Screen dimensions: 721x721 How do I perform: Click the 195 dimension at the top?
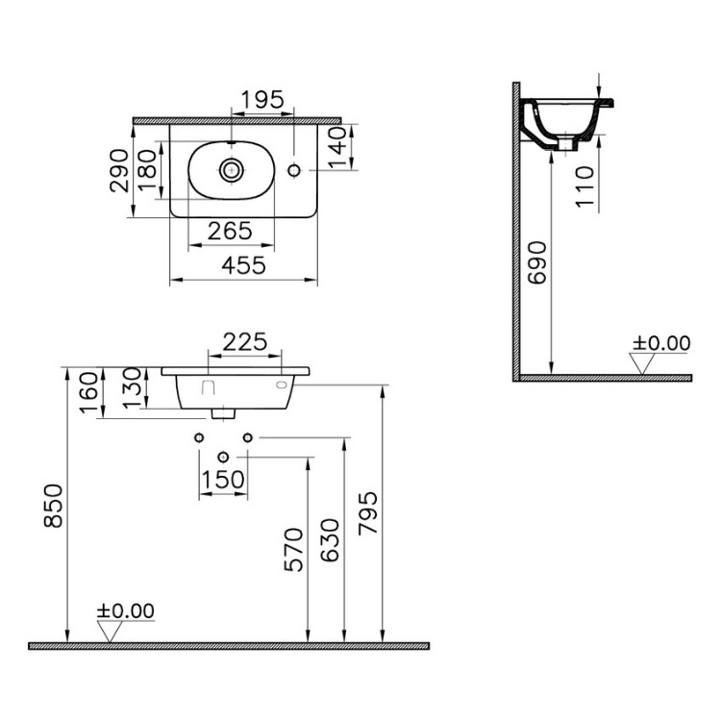[261, 99]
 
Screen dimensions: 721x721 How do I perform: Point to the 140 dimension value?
[336, 149]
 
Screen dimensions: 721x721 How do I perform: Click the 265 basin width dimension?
[231, 231]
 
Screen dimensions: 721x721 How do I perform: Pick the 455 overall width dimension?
[244, 266]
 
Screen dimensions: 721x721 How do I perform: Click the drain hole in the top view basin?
[231, 170]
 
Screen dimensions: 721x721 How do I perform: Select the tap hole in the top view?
[296, 170]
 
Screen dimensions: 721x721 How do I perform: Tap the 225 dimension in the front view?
[245, 341]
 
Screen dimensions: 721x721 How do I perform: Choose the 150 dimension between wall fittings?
[223, 480]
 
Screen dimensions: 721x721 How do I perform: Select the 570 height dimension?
[293, 549]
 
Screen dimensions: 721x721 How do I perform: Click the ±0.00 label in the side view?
[660, 342]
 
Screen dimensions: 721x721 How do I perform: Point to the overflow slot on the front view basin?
[282, 384]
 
